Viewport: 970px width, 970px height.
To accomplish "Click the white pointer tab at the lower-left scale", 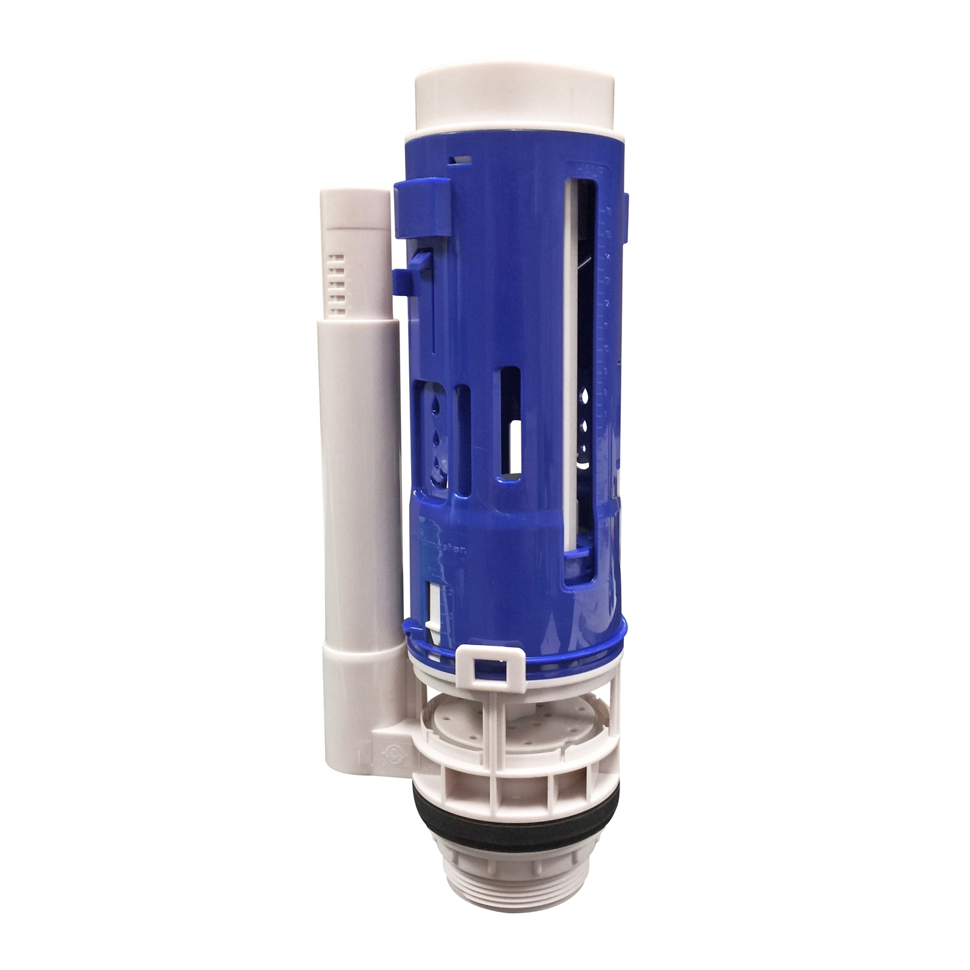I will tap(434, 606).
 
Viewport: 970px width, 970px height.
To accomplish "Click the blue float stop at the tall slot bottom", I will tap(579, 553).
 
